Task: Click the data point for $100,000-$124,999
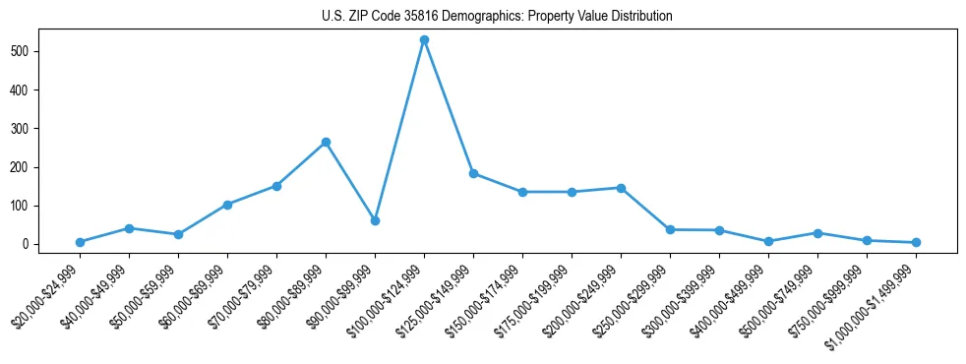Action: pos(424,40)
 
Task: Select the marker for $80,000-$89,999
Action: pos(326,143)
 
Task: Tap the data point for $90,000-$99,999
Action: pos(375,220)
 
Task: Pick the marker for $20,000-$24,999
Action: pos(80,242)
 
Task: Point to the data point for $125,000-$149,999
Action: pos(473,173)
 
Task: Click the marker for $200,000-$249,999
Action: pos(621,188)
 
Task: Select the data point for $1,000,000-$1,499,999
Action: pos(916,242)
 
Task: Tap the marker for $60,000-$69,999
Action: pos(227,205)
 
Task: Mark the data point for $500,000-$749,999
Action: pos(817,233)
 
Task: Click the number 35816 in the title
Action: pos(421,17)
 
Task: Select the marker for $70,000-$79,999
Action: pos(276,186)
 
